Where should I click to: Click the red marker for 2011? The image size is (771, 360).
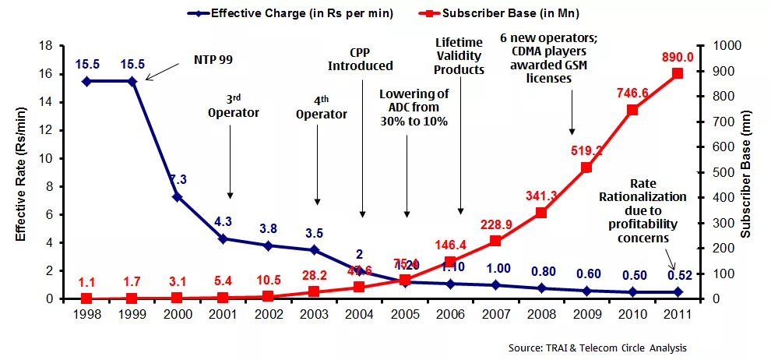click(678, 73)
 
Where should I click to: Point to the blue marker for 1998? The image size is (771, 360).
click(86, 81)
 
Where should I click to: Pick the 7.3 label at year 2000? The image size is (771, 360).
click(178, 180)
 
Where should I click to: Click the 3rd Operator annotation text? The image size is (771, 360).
click(233, 105)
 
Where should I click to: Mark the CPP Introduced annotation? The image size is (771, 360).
click(360, 59)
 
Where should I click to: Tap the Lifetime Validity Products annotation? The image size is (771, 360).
click(459, 56)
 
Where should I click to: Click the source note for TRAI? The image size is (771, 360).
click(597, 348)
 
